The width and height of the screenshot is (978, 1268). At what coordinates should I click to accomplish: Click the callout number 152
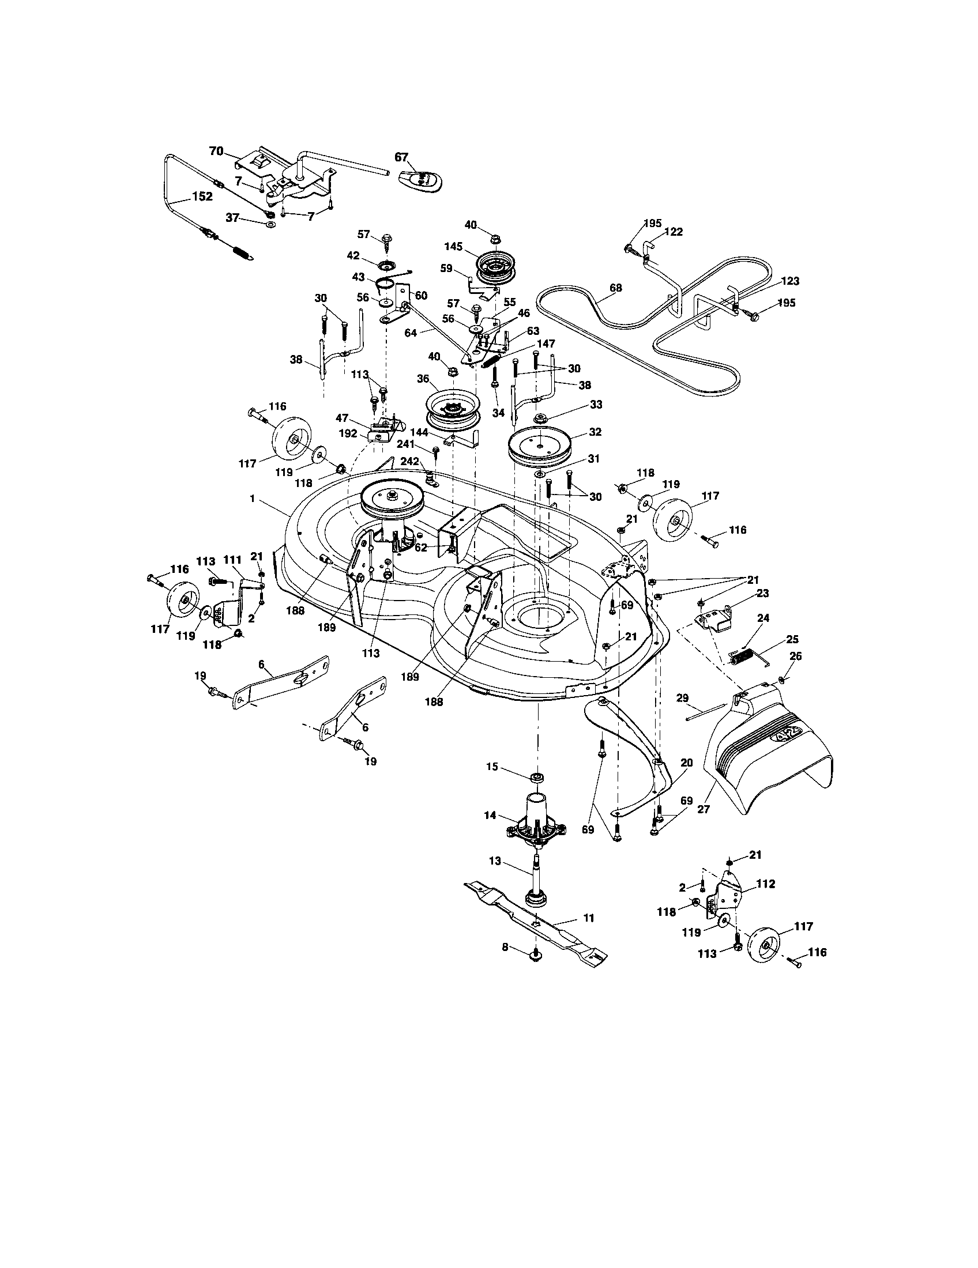click(x=201, y=196)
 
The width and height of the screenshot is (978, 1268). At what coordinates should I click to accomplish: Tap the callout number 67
click(x=401, y=157)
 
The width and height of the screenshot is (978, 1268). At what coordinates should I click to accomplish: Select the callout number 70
click(x=216, y=151)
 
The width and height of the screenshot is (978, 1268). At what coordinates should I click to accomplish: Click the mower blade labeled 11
click(x=535, y=923)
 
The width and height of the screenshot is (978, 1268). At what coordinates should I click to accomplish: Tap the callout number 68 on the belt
click(x=616, y=288)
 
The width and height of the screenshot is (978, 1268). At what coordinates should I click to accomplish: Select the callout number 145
click(x=454, y=246)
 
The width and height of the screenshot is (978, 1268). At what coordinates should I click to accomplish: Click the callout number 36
click(x=423, y=379)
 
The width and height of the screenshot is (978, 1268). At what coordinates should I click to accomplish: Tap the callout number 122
click(x=674, y=232)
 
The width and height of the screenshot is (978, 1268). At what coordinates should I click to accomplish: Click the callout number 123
click(x=791, y=281)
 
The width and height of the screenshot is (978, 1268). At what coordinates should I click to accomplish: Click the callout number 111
click(x=232, y=559)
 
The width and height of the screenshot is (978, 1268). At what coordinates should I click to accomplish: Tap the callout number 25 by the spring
click(x=792, y=639)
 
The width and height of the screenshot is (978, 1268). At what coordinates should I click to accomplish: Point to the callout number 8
click(x=505, y=947)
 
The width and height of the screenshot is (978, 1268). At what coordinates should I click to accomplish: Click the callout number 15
click(x=492, y=767)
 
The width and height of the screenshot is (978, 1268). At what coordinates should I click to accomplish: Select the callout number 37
click(x=232, y=217)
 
